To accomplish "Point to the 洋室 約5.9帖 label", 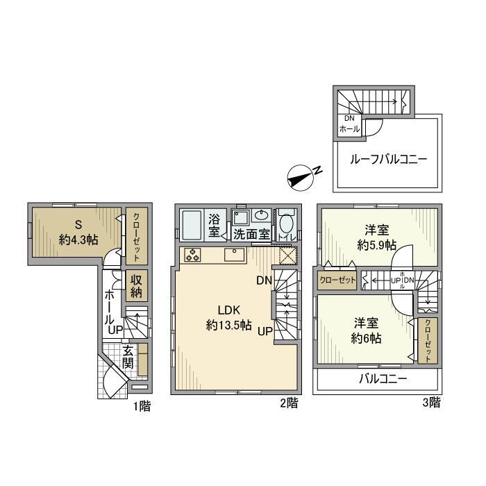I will pos(376,237).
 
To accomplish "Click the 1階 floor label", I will pos(142,406).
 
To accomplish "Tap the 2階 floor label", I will pos(290,402).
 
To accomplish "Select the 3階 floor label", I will pos(430,402).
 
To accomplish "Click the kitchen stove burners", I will pos(192,255).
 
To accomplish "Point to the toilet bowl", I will pos(285,225).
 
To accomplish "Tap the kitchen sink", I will pos(235,255).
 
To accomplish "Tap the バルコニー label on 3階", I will pos(383,379).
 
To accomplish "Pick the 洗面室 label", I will pos(251,235).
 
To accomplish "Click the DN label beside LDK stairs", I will pos(263,281).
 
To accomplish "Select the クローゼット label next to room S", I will pos(136,236).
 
